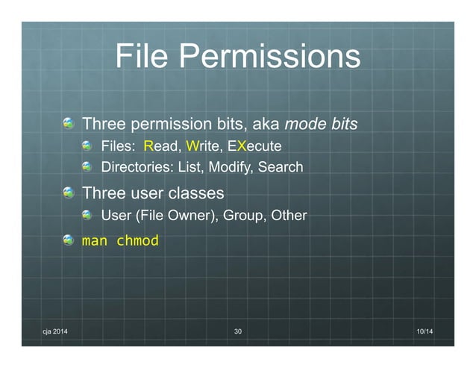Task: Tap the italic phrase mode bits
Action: point(322,122)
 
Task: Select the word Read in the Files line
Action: point(162,145)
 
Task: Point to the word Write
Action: point(203,145)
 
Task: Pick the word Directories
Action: point(137,166)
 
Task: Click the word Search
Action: point(281,166)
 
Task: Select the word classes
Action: point(196,193)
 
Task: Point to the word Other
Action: point(288,216)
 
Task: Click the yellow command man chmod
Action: point(120,242)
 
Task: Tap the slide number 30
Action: point(238,331)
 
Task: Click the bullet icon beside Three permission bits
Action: point(69,122)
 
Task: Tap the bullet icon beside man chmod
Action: point(69,241)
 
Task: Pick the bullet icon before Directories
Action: point(88,166)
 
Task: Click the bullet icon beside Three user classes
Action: point(69,193)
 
